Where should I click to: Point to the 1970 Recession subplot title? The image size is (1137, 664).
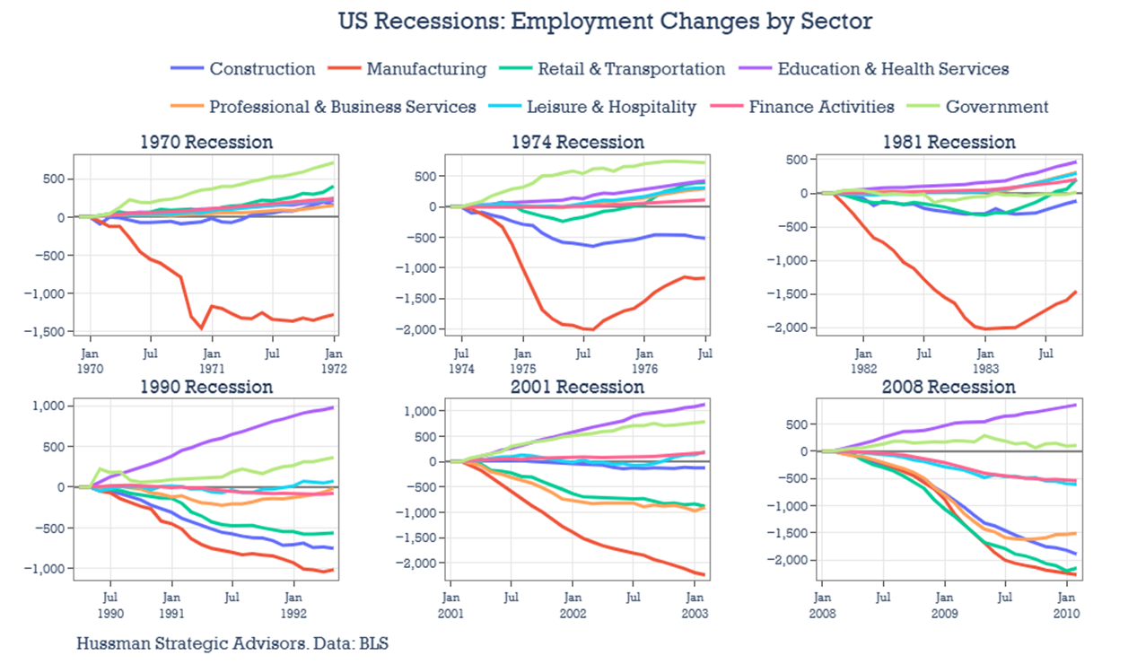click(x=206, y=142)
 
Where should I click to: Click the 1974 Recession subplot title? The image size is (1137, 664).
click(x=578, y=142)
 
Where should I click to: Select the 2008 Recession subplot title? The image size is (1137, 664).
click(x=949, y=387)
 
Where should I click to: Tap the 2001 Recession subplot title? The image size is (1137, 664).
click(x=578, y=387)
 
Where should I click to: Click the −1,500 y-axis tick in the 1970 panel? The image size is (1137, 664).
click(x=45, y=332)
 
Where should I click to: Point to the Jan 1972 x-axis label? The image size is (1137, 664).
click(x=335, y=361)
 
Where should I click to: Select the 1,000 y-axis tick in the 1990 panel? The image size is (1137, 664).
click(x=47, y=406)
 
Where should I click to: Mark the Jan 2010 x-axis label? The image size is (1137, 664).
click(x=1066, y=606)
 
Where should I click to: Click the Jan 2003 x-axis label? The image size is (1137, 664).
click(x=694, y=606)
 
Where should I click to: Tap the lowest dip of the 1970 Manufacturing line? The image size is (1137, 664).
click(x=203, y=328)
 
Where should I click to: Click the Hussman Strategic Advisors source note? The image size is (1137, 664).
click(x=232, y=642)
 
